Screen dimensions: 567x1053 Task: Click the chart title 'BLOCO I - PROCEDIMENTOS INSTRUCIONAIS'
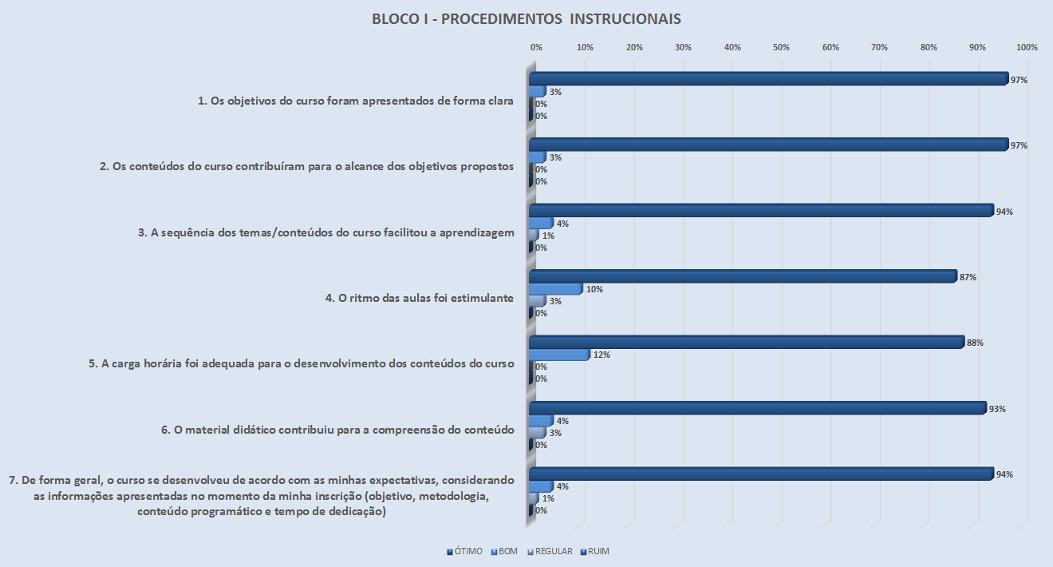pos(526,18)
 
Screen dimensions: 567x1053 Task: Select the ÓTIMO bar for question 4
pos(742,276)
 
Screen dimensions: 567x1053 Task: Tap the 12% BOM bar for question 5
pos(559,354)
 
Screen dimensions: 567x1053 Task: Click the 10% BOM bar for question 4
pos(555,288)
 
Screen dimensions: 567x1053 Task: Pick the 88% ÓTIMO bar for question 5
pos(746,342)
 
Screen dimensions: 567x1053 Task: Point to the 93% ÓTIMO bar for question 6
pos(757,408)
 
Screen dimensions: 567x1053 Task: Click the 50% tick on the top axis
pos(781,48)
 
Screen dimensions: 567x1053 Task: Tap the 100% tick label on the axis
pos(1027,48)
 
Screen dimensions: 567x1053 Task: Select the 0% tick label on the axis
pos(537,48)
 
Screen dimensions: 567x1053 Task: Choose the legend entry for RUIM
pos(598,551)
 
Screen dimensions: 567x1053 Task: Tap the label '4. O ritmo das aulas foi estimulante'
pos(419,298)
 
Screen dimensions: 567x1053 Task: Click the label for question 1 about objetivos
pos(356,101)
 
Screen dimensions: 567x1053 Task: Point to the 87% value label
pos(969,277)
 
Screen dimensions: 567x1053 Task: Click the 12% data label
pos(601,355)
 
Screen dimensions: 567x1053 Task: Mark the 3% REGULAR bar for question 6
pos(538,432)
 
